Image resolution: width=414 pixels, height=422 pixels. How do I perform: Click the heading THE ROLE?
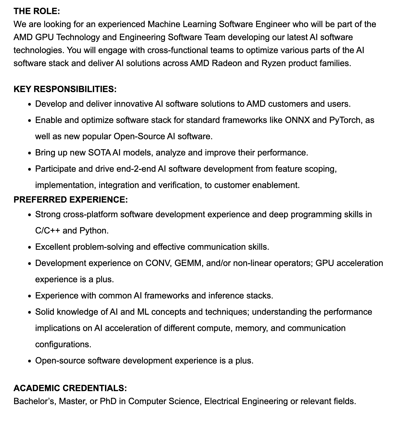pos(37,11)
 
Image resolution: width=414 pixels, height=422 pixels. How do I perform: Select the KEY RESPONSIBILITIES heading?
pos(65,89)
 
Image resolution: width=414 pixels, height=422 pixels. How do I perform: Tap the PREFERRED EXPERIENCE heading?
pos(70,200)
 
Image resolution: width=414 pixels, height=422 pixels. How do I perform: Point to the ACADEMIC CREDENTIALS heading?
pos(70,388)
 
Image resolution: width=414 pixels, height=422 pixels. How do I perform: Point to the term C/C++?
pos(48,231)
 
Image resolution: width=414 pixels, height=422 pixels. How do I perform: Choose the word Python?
pos(94,231)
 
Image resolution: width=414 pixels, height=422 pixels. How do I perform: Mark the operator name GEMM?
pos(188,263)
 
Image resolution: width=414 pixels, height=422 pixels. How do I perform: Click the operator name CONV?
pos(158,263)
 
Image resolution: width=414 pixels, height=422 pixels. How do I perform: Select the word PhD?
pos(108,401)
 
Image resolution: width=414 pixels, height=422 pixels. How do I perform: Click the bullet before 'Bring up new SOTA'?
pos(30,153)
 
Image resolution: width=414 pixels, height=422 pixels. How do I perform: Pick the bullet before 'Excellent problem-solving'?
pos(30,247)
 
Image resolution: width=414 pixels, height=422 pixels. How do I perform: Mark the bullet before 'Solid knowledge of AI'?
pos(30,312)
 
